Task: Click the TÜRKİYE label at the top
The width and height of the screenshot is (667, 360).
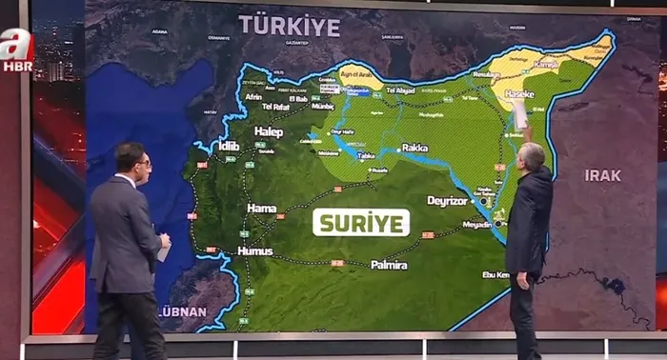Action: (289, 26)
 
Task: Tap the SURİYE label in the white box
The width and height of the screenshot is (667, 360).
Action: (361, 223)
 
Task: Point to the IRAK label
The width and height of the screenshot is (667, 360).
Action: (602, 175)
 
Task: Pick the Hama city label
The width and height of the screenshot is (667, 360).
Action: (261, 208)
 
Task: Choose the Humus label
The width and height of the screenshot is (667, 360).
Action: (254, 250)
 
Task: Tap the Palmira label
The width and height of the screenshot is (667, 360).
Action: (389, 264)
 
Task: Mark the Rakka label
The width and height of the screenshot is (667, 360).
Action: (415, 148)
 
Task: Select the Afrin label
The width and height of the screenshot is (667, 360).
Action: (253, 97)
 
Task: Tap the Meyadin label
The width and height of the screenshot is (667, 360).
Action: (476, 225)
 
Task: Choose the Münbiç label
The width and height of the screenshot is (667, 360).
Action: (323, 107)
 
